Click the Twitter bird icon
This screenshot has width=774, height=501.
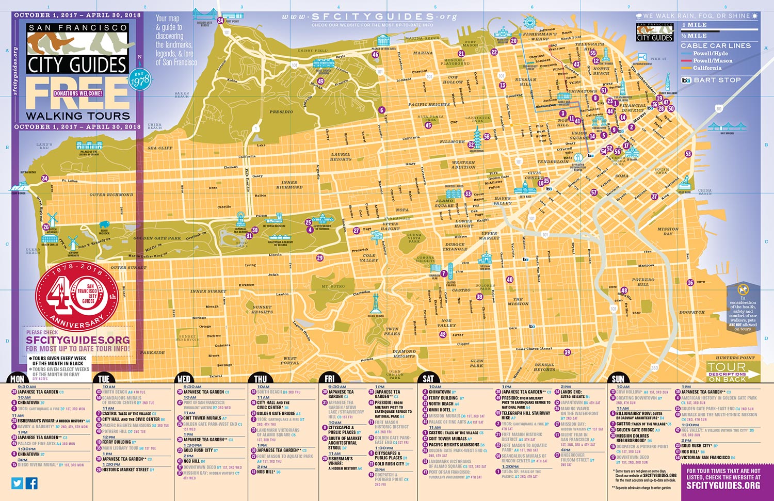click(x=18, y=483)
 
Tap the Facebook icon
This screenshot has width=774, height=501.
click(x=31, y=483)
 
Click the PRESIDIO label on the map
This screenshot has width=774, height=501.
click(x=281, y=111)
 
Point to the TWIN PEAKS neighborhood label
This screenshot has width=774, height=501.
click(x=392, y=331)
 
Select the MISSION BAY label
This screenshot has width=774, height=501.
click(x=668, y=231)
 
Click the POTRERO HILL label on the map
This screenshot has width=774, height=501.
click(x=643, y=282)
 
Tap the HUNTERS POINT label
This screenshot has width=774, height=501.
click(x=735, y=358)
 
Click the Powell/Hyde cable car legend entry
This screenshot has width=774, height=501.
click(x=710, y=53)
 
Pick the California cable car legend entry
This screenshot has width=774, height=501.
click(x=707, y=68)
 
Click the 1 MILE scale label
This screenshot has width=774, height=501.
click(x=694, y=25)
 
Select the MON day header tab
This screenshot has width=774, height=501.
click(x=17, y=379)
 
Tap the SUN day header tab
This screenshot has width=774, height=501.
click(x=618, y=379)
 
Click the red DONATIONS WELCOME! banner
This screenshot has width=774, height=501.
click(x=78, y=93)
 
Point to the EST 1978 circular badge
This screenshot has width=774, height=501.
click(x=139, y=79)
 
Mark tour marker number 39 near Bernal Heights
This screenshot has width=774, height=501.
click(x=567, y=352)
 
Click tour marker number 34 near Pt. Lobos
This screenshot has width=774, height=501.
click(x=45, y=179)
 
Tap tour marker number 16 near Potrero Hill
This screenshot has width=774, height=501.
click(x=690, y=282)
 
